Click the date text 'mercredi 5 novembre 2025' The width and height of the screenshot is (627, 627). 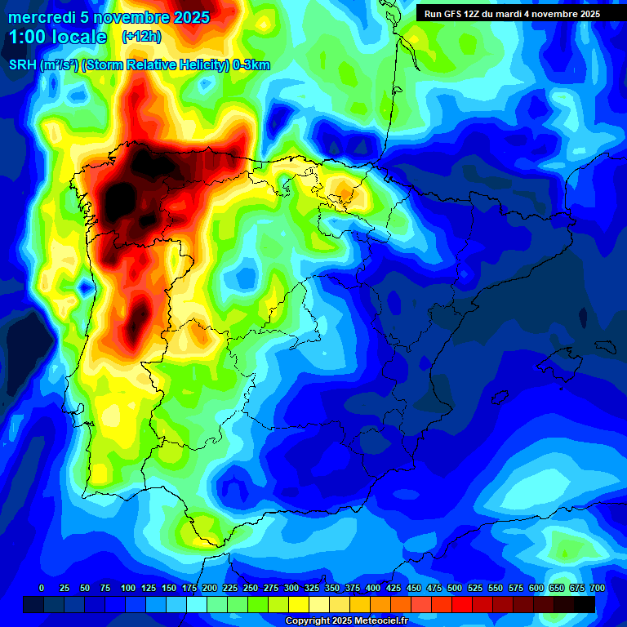(109, 17)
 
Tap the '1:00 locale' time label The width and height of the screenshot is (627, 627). (57, 37)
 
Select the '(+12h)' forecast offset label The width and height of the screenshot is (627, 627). (141, 37)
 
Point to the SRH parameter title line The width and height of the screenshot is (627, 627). (139, 65)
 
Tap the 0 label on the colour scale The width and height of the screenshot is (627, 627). (42, 588)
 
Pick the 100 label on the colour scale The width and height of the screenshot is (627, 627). (127, 588)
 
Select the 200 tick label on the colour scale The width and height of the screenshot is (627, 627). (209, 588)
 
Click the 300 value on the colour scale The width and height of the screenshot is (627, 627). (291, 588)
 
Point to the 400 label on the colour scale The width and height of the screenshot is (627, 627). (373, 588)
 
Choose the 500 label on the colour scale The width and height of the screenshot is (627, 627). (455, 588)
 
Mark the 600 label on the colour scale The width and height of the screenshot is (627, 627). (536, 588)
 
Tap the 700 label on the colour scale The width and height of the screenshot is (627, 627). (597, 588)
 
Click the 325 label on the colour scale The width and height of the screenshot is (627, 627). (312, 588)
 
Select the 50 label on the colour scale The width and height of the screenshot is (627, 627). (85, 588)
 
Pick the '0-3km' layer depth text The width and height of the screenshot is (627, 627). (251, 65)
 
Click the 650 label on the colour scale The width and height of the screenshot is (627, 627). (557, 588)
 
